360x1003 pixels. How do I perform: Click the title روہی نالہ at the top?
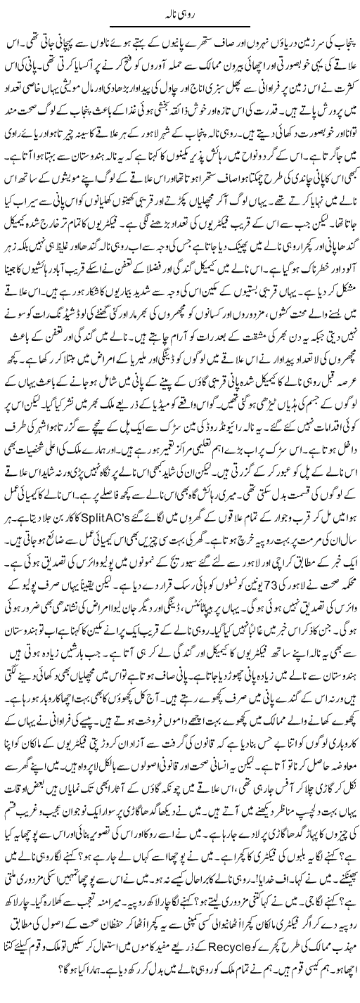click(179, 13)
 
